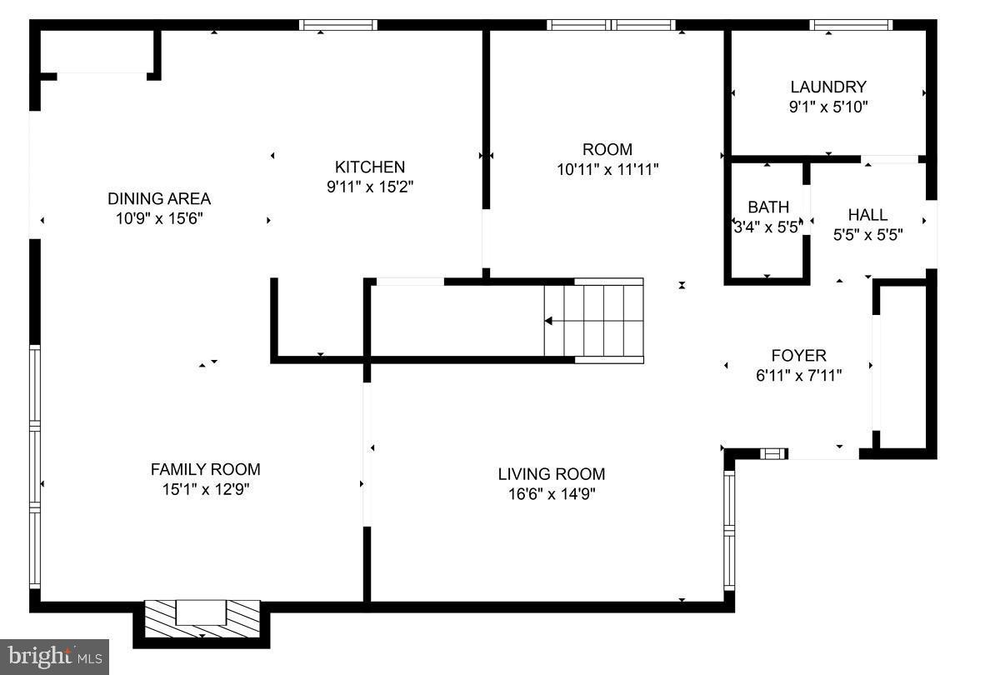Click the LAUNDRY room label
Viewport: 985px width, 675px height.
827,87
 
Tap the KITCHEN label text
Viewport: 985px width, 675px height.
370,167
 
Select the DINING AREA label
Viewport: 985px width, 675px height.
158,198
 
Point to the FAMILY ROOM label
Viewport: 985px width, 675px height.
205,469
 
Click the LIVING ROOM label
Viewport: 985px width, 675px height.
551,474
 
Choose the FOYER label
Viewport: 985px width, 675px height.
798,356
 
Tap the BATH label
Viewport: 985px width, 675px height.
767,207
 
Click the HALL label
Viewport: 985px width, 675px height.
867,215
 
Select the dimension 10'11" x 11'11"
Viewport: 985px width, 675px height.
607,170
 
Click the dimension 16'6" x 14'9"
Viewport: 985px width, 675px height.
551,493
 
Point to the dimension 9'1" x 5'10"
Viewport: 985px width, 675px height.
827,107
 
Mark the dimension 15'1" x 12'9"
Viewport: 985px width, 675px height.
205,489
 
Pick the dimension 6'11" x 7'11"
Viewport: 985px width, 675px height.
798,376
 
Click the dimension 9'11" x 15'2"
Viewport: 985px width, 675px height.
370,187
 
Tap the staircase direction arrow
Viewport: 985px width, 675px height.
550,321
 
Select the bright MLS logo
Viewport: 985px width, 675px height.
54,657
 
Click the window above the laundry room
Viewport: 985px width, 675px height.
851,25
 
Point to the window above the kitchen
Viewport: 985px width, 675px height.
337,25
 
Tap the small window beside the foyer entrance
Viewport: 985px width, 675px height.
774,453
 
